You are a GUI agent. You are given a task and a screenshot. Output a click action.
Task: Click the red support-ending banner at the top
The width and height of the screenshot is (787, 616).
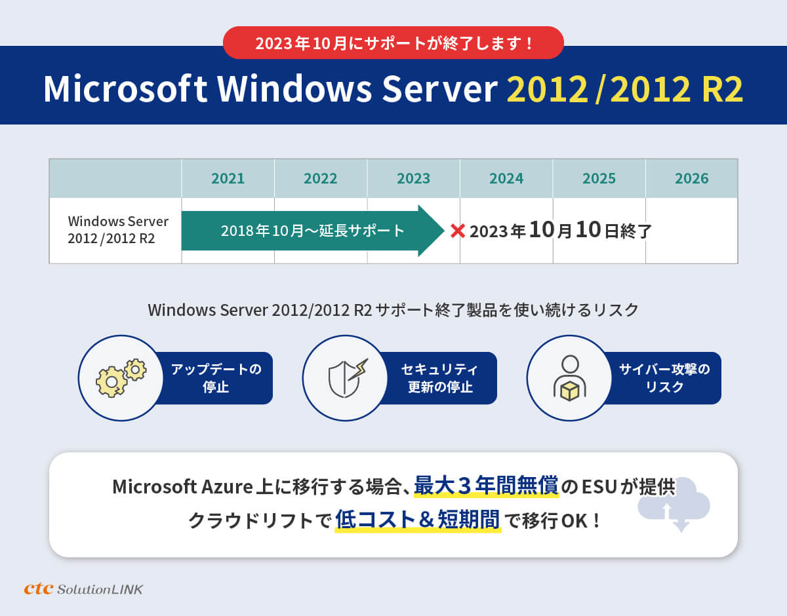[x=393, y=43]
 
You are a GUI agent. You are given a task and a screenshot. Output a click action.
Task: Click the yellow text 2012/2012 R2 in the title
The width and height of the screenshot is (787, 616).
[x=625, y=88]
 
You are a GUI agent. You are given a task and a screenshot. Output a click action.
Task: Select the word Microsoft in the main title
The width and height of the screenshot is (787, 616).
[x=125, y=88]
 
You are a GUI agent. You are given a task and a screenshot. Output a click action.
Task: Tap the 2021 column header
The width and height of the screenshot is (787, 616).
[x=228, y=178]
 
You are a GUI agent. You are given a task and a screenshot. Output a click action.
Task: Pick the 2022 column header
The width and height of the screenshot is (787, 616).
[x=321, y=178]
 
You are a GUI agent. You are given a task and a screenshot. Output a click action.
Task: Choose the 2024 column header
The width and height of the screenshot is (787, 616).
[x=506, y=178]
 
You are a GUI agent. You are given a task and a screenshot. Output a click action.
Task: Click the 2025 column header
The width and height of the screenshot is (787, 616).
[x=599, y=178]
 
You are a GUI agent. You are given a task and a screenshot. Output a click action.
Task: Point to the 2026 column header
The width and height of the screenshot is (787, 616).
[x=692, y=178]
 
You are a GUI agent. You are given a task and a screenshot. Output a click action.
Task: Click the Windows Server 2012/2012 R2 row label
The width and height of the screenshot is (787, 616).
[x=118, y=229]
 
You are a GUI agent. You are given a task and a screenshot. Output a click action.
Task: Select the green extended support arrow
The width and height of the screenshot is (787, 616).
[x=313, y=231]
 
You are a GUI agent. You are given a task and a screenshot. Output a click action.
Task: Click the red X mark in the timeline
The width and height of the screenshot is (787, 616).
[x=458, y=231]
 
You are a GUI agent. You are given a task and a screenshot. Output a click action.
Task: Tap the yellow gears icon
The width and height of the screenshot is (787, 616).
[x=121, y=378]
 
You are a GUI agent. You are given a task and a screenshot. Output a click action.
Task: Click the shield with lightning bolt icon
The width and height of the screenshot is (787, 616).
[x=347, y=378]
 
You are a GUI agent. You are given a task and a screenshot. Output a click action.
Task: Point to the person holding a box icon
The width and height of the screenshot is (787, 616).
[x=570, y=378]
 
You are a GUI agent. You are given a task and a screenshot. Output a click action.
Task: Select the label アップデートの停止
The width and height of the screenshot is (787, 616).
[x=216, y=378]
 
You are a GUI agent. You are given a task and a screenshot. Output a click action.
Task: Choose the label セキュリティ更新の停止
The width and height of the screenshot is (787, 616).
[x=440, y=378]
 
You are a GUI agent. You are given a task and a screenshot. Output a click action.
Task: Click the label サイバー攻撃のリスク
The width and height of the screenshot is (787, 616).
[x=664, y=378]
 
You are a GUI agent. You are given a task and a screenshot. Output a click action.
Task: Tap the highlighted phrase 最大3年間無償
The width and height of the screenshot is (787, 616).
[x=487, y=486]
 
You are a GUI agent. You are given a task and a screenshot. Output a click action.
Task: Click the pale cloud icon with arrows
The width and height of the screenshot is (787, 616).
[x=674, y=505]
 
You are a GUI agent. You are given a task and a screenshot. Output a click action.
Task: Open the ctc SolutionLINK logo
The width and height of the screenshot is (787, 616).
[x=83, y=589]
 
